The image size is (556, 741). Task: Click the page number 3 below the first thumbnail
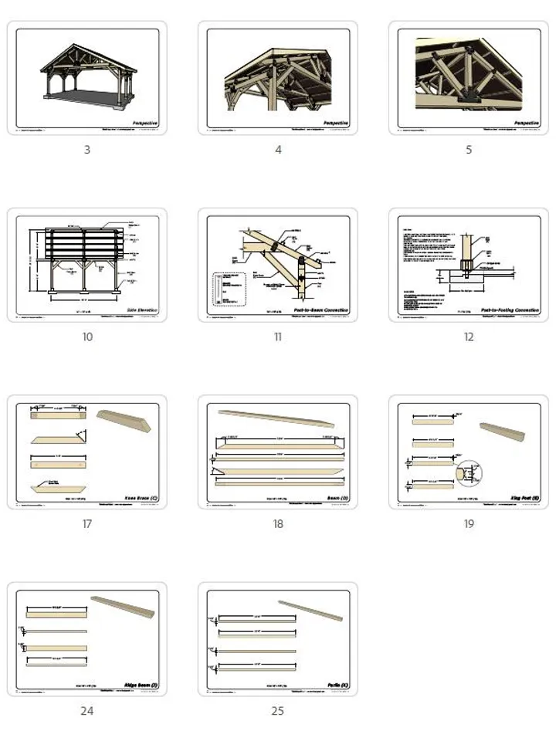pos(86,150)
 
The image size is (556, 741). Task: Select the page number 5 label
pos(468,150)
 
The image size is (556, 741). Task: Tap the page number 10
pos(86,337)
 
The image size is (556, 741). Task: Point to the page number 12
pos(468,337)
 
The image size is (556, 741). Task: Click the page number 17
pos(86,524)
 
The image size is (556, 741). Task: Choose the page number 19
pos(468,524)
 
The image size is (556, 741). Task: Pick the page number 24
pos(86,711)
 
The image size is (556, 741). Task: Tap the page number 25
pos(277,711)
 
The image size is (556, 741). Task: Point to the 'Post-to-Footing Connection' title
pos(510,310)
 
